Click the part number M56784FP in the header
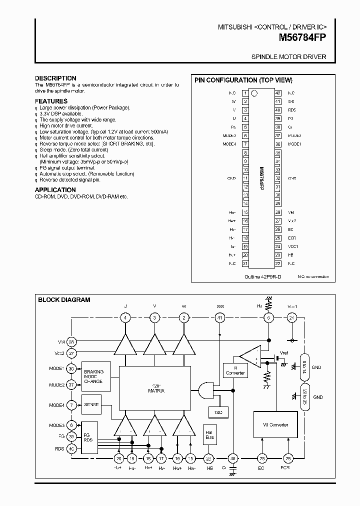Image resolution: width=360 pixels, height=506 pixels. pos(303,36)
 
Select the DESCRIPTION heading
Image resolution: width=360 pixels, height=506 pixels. pos(55,78)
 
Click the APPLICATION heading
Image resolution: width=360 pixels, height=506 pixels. pos(55,190)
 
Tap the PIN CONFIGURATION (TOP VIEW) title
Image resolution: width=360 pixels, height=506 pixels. pos(243,80)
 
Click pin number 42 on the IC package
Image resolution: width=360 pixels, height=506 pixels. pos(277,93)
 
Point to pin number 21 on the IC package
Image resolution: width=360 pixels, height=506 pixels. pos(245,263)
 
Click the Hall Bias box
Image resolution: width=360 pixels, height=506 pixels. pos(209,435)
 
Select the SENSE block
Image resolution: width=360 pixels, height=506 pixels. pos(91,404)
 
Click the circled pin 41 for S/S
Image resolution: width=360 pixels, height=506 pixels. pos(219,317)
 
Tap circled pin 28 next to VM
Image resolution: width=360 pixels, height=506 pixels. pos(71,342)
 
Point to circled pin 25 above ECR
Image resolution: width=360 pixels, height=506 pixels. pos(288,458)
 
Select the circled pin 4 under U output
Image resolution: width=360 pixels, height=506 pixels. pos(125,317)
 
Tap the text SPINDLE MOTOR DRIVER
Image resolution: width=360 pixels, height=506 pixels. pos(288,57)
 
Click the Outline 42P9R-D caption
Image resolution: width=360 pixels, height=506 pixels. pos(263,276)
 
